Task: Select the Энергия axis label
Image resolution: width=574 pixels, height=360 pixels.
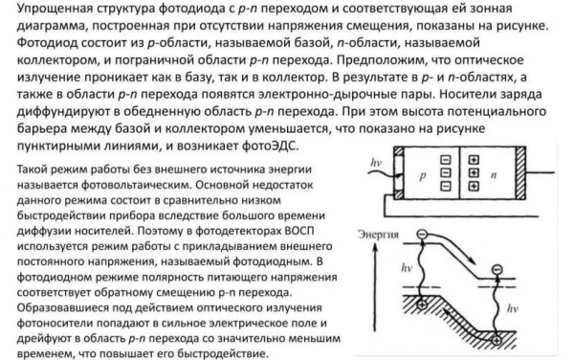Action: point(380,234)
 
